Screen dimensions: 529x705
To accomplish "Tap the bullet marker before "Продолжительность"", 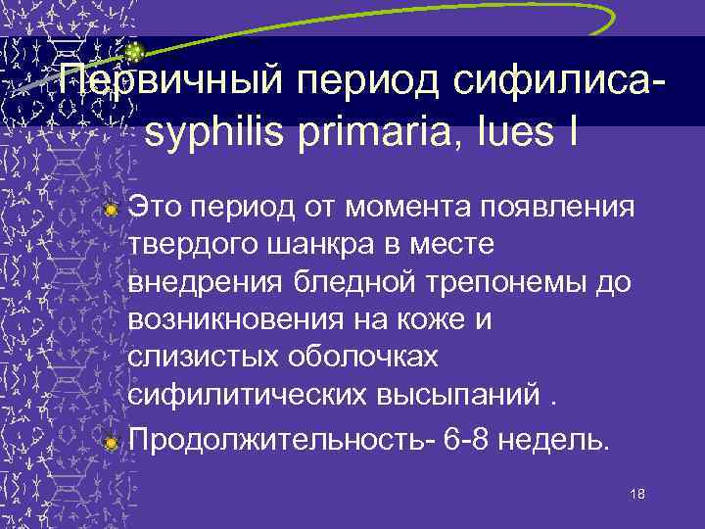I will point(112,443).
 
